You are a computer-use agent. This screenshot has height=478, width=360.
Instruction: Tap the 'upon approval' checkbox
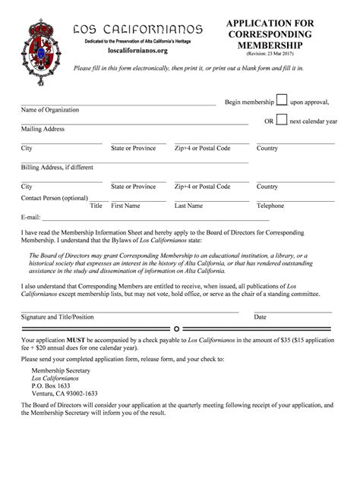click(281, 101)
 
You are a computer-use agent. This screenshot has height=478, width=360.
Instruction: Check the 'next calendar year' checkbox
click(281, 120)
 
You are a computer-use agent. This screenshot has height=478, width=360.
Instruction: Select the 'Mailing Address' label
click(43, 130)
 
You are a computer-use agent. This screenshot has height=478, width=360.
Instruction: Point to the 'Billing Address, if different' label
click(58, 167)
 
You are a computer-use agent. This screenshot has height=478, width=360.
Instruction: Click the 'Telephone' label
click(270, 206)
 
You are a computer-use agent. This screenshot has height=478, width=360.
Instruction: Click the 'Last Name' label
click(188, 206)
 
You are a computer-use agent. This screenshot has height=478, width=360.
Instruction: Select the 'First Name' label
click(125, 206)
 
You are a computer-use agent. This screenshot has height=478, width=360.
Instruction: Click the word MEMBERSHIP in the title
click(269, 46)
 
